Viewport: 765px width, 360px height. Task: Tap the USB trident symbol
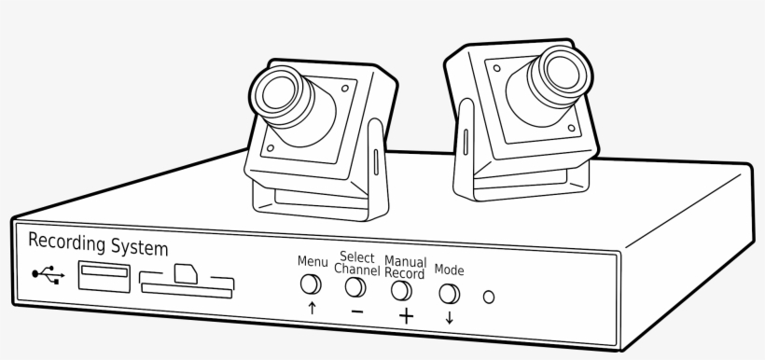48,274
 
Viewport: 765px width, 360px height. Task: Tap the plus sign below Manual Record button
406,315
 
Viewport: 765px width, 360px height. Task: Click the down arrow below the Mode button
451,318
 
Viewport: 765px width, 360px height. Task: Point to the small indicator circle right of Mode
488,298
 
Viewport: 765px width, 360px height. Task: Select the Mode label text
450,270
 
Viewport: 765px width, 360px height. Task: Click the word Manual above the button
406,262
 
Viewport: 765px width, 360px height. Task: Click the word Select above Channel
357,257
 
